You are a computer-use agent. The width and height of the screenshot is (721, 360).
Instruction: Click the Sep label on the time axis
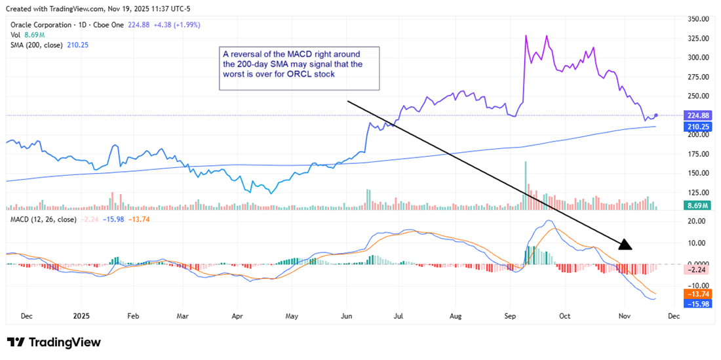[511, 315]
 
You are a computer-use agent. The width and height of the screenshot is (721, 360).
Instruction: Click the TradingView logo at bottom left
[54, 342]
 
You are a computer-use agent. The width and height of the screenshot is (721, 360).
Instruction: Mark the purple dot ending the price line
[657, 115]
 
